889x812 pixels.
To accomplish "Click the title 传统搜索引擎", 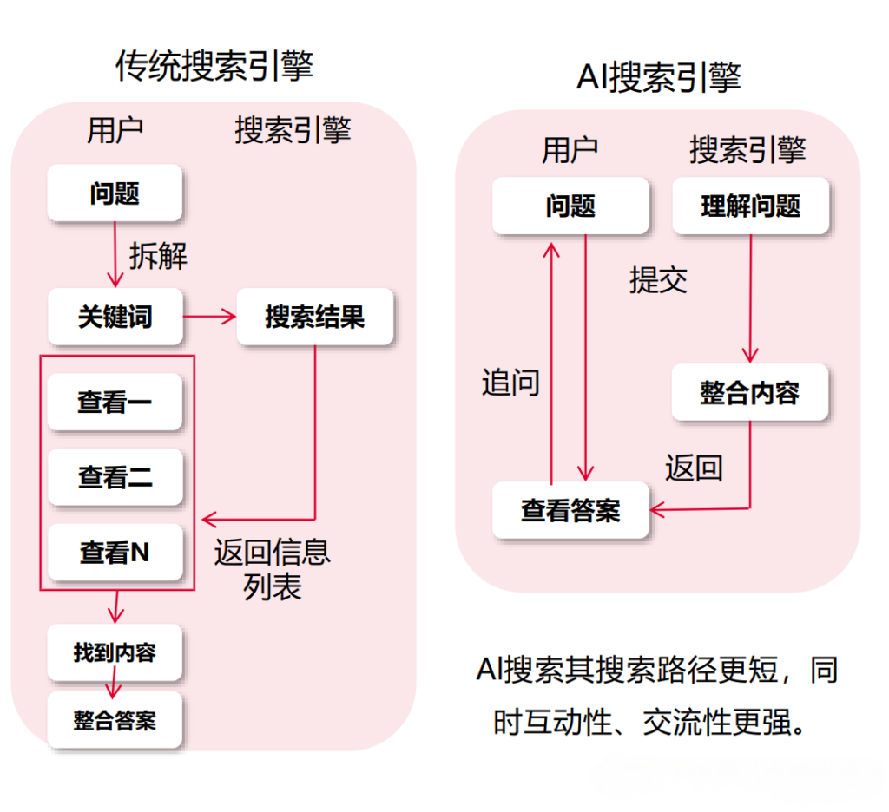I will point(214,67).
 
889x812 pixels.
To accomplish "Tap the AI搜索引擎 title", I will point(658,78).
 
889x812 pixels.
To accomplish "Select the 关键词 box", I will point(115,317).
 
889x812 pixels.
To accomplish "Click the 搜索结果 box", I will point(314,317).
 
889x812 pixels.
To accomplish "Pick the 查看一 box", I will point(115,402).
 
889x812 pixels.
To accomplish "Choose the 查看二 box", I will point(115,476).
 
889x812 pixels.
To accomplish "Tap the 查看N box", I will point(115,552).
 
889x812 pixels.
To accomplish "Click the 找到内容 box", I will point(115,652).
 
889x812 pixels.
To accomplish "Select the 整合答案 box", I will point(115,719).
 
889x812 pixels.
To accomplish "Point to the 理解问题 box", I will point(750,206).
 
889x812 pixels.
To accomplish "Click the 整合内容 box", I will point(750,393).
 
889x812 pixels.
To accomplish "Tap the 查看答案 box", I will point(570,510).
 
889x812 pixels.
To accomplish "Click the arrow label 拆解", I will point(158,256).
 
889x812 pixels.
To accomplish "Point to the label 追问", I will point(510,383).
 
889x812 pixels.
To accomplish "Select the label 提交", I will point(658,279).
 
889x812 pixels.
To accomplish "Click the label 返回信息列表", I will point(272,569).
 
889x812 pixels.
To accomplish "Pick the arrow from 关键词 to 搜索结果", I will point(209,317).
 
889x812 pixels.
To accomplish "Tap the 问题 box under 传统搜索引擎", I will point(115,193).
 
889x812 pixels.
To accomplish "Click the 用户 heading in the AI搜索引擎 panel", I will point(570,150).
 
